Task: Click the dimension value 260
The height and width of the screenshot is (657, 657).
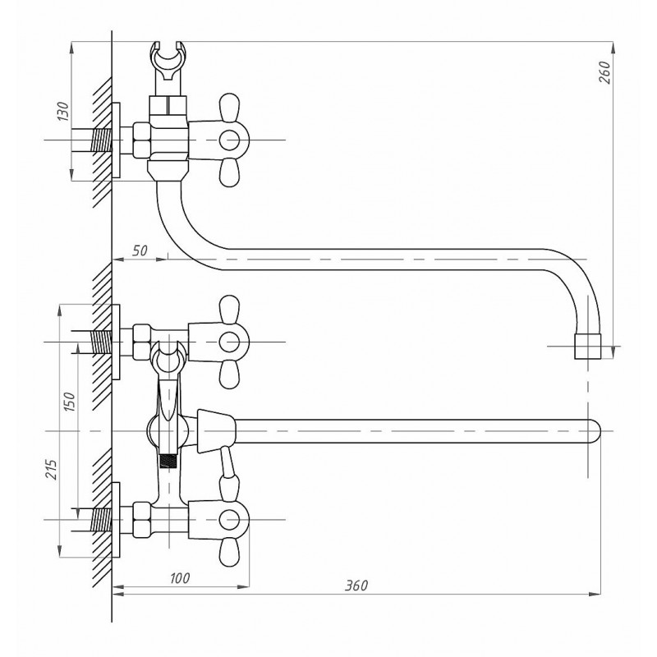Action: (604, 72)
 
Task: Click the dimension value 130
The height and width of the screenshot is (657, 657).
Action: (63, 111)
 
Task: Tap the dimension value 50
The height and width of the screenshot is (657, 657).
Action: (140, 250)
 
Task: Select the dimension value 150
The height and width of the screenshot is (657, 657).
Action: (70, 401)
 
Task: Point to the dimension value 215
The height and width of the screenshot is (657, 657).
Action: (51, 469)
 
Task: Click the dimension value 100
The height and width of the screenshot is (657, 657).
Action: (180, 578)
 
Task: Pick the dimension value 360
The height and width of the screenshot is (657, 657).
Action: (356, 586)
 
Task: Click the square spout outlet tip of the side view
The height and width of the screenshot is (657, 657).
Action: (587, 346)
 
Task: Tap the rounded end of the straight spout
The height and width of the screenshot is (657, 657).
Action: (595, 431)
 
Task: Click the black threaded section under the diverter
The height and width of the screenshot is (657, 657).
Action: (168, 462)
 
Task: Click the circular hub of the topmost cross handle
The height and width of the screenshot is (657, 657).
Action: (229, 140)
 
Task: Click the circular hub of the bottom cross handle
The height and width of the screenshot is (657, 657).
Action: (229, 520)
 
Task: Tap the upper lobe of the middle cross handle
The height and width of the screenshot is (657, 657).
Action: (229, 309)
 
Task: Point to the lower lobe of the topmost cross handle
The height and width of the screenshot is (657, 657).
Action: (229, 173)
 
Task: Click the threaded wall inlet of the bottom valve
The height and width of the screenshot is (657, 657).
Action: (101, 520)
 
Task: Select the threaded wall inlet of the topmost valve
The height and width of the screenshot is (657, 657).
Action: (101, 140)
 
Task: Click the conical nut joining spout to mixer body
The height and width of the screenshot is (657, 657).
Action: (216, 431)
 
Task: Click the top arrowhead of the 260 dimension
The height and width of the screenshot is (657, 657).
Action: (613, 48)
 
